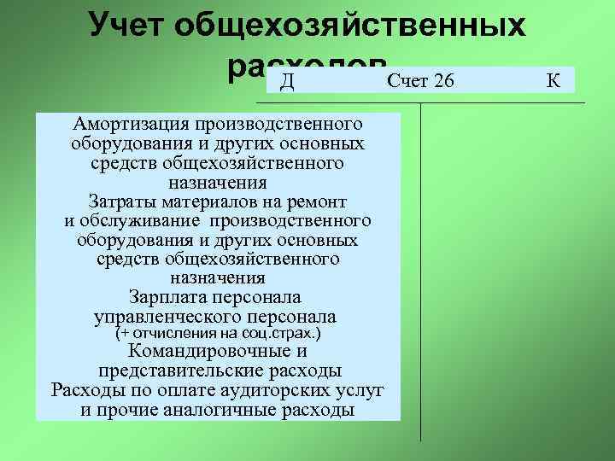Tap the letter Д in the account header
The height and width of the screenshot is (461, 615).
click(288, 81)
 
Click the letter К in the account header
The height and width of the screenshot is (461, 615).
click(553, 81)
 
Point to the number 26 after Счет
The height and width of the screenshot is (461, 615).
click(444, 81)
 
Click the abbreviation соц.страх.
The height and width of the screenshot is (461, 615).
click(288, 333)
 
